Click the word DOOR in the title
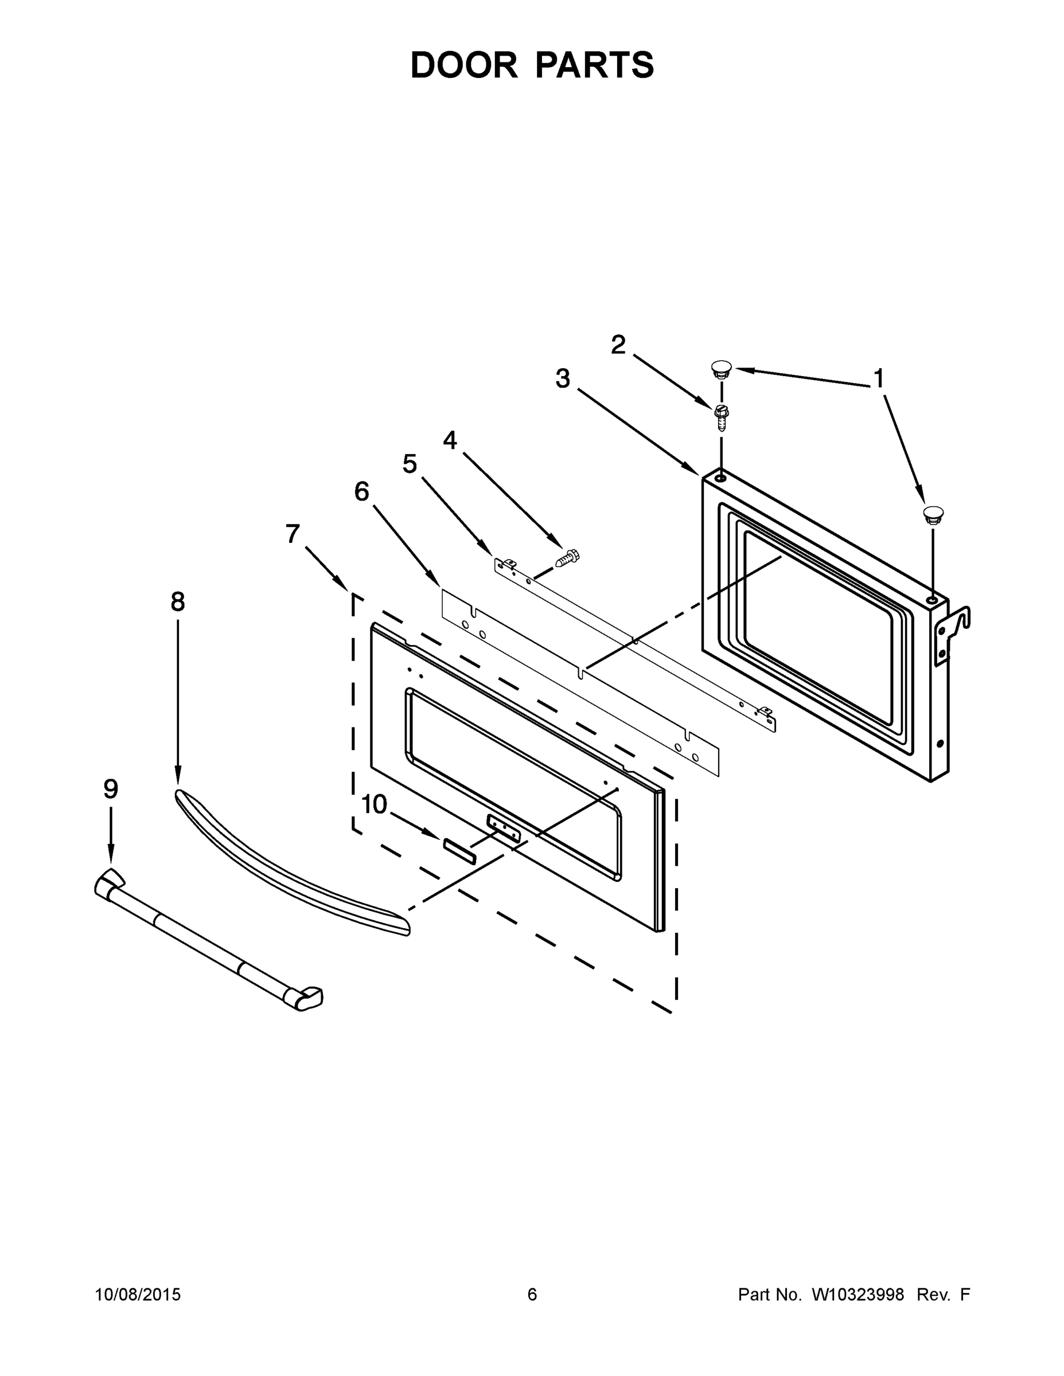point(463,65)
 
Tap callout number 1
point(879,380)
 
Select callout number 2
point(618,345)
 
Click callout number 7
point(292,534)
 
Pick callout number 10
point(374,804)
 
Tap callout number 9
point(110,789)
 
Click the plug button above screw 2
point(721,368)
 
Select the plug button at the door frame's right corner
point(932,514)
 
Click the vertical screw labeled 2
point(721,416)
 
